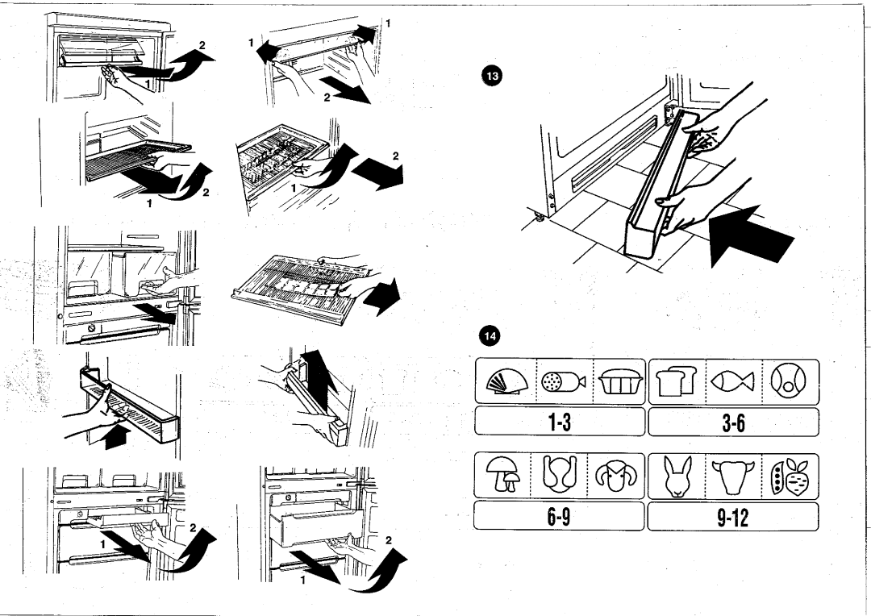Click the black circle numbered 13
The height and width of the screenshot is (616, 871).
tap(493, 76)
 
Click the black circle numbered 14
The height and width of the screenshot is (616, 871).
tap(490, 335)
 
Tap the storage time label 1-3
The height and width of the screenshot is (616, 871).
tap(560, 422)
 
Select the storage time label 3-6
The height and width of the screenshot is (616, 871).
tap(733, 423)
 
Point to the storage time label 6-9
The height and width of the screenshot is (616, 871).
tap(559, 517)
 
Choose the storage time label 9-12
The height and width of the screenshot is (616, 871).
tap(732, 518)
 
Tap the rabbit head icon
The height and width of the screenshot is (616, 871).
tap(677, 476)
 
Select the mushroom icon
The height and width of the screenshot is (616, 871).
tap(502, 473)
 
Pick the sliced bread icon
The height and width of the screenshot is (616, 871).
tap(676, 381)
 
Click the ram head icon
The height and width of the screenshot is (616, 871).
tap(615, 476)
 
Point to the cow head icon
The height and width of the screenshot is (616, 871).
tap(732, 477)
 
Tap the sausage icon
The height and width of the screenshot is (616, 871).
tap(563, 381)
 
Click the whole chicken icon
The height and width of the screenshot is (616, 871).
tap(559, 474)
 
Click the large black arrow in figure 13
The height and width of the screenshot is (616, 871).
tap(751, 235)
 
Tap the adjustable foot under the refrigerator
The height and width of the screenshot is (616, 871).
tap(538, 216)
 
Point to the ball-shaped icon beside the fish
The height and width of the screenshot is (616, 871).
tap(789, 382)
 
